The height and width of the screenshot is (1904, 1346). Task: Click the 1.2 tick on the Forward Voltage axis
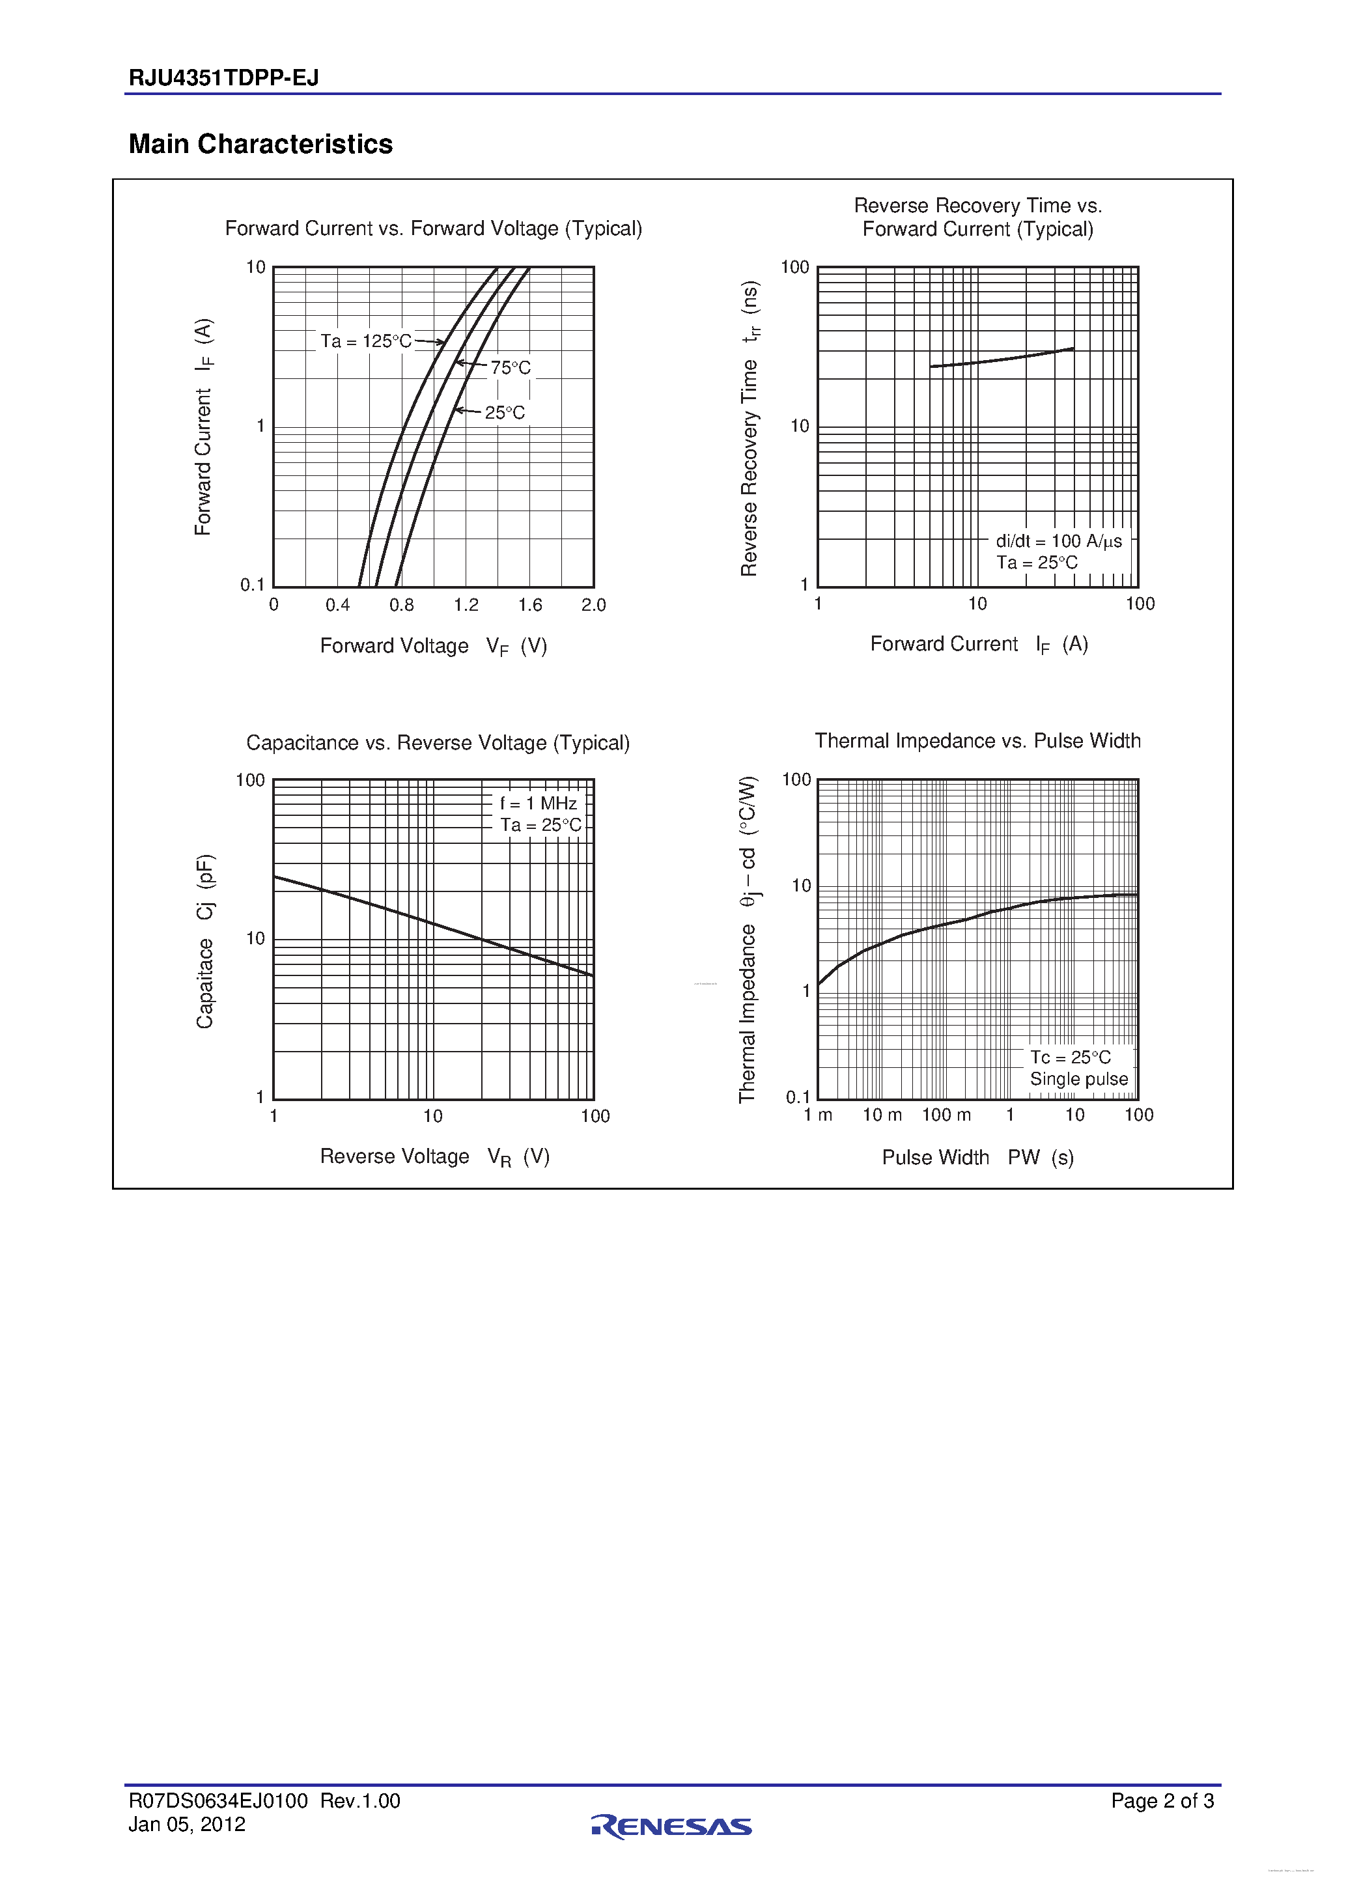click(x=466, y=606)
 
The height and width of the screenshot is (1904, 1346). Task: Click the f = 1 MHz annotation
click(x=539, y=803)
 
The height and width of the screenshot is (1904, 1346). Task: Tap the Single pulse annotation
click(x=1078, y=1079)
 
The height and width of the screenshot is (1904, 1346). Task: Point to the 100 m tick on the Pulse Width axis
click(x=946, y=1115)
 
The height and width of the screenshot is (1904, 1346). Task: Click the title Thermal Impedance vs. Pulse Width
click(x=977, y=740)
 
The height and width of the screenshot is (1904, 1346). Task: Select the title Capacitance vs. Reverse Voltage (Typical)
click(x=438, y=742)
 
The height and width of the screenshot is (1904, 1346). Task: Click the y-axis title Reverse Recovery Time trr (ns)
click(x=749, y=428)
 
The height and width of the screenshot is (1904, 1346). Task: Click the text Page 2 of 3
click(x=1162, y=1800)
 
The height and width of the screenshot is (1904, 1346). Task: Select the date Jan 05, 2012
click(x=187, y=1825)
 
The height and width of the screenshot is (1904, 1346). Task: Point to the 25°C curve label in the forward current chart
click(x=504, y=412)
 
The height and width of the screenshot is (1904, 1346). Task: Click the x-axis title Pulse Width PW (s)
click(x=977, y=1157)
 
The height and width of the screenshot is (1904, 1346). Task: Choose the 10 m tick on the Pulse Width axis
click(x=882, y=1115)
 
